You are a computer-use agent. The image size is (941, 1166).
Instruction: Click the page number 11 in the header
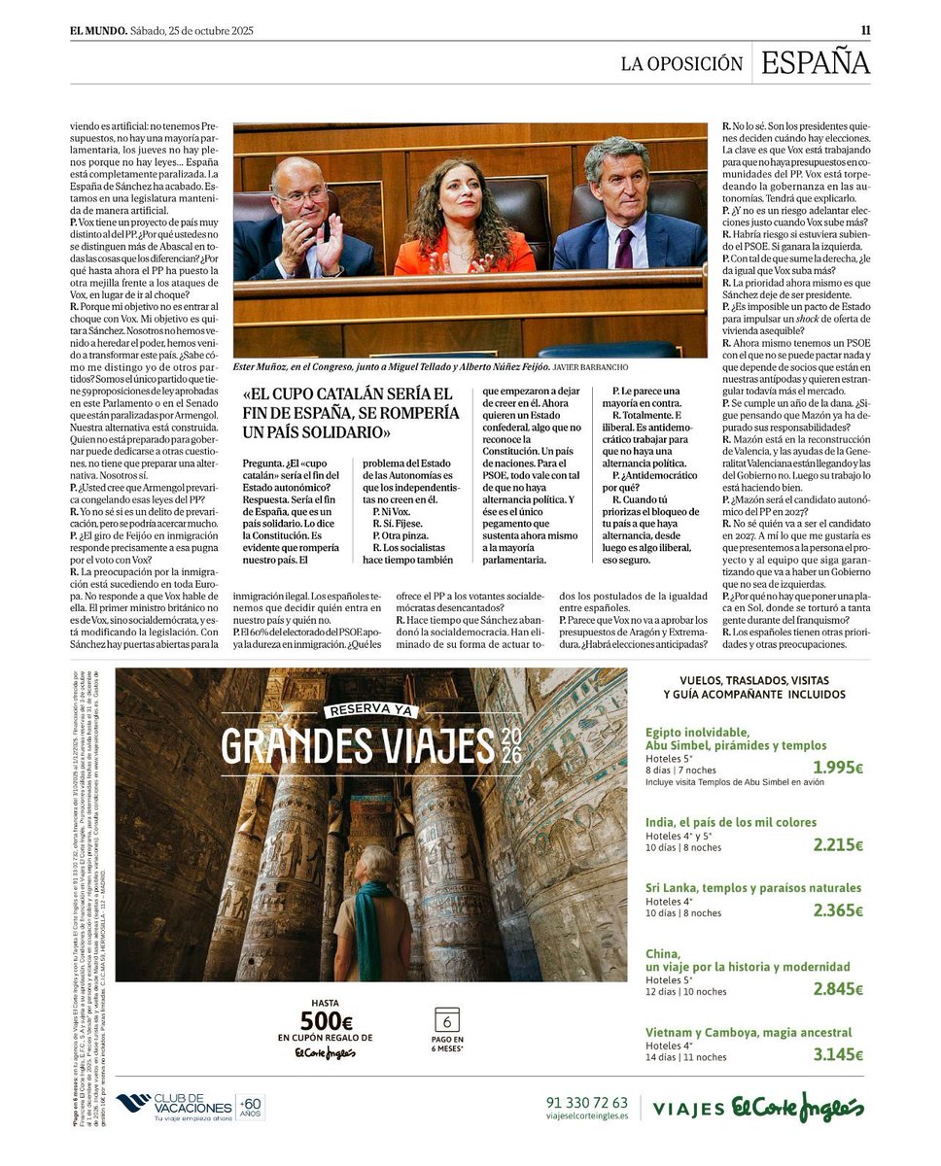pos(865,30)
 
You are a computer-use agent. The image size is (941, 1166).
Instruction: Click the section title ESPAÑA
pos(815,63)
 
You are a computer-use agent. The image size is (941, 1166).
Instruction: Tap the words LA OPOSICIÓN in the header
pos(681,64)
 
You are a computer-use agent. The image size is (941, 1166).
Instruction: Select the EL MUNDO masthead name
pos(97,30)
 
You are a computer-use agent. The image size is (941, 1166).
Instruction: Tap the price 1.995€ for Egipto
pos(838,768)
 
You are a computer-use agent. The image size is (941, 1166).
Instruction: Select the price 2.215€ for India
pos(838,844)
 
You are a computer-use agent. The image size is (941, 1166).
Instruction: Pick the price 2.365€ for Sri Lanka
pos(838,910)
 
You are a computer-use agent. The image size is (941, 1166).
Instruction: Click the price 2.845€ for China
pos(838,989)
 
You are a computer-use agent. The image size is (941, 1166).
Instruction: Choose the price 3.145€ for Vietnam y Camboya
pos(838,1054)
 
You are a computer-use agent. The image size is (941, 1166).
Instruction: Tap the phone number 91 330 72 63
pos(587,1103)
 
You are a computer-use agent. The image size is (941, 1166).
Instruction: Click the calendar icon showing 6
pos(446,1020)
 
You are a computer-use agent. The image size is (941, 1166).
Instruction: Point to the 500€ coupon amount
pos(326,1021)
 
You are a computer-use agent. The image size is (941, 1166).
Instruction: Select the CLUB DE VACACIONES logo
pos(190,1107)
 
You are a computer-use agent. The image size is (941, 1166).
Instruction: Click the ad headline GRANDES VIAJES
pos(360,746)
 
